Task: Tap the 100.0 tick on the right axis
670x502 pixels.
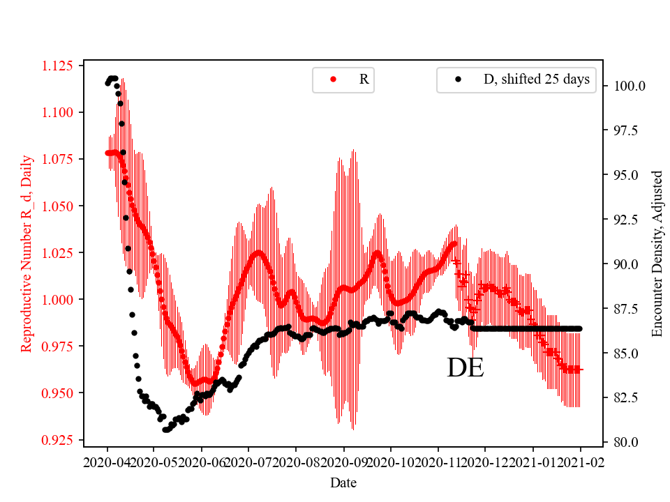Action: (x=629, y=86)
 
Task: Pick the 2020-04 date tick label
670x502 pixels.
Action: (x=107, y=462)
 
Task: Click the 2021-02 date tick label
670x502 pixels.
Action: (x=580, y=462)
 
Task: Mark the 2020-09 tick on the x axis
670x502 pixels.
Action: (x=343, y=462)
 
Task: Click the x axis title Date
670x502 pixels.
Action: (x=343, y=482)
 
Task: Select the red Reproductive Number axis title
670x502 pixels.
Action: (x=27, y=254)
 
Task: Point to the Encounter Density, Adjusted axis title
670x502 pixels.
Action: (x=657, y=254)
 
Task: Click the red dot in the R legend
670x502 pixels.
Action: (x=333, y=79)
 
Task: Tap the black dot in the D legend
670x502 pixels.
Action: (x=458, y=79)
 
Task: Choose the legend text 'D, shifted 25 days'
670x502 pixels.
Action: (x=536, y=79)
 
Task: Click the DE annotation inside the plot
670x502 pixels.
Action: (x=466, y=368)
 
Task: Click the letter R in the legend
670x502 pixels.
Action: (x=364, y=79)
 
